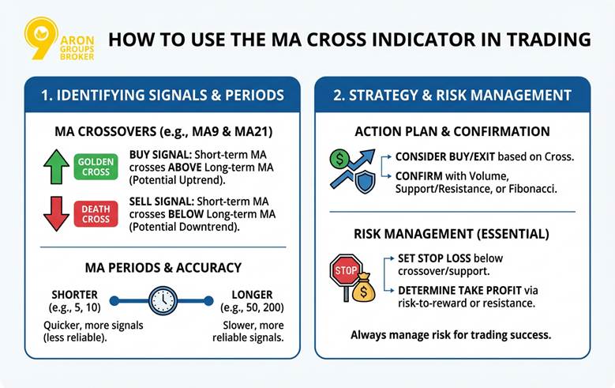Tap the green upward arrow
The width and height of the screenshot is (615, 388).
click(x=56, y=167)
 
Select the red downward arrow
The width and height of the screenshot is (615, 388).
click(x=56, y=213)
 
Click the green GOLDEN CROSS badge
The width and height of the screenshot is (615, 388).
click(x=96, y=166)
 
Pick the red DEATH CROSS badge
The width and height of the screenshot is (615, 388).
click(x=96, y=213)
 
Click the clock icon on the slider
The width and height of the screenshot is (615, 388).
click(x=163, y=300)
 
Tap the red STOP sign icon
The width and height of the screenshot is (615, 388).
click(x=344, y=269)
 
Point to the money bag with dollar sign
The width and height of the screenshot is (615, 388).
click(x=363, y=289)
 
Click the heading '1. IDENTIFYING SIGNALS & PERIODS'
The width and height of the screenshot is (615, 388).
click(x=162, y=95)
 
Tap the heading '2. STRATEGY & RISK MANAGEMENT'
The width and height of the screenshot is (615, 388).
click(x=452, y=95)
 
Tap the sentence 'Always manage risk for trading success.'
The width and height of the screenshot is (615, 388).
click(x=451, y=334)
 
